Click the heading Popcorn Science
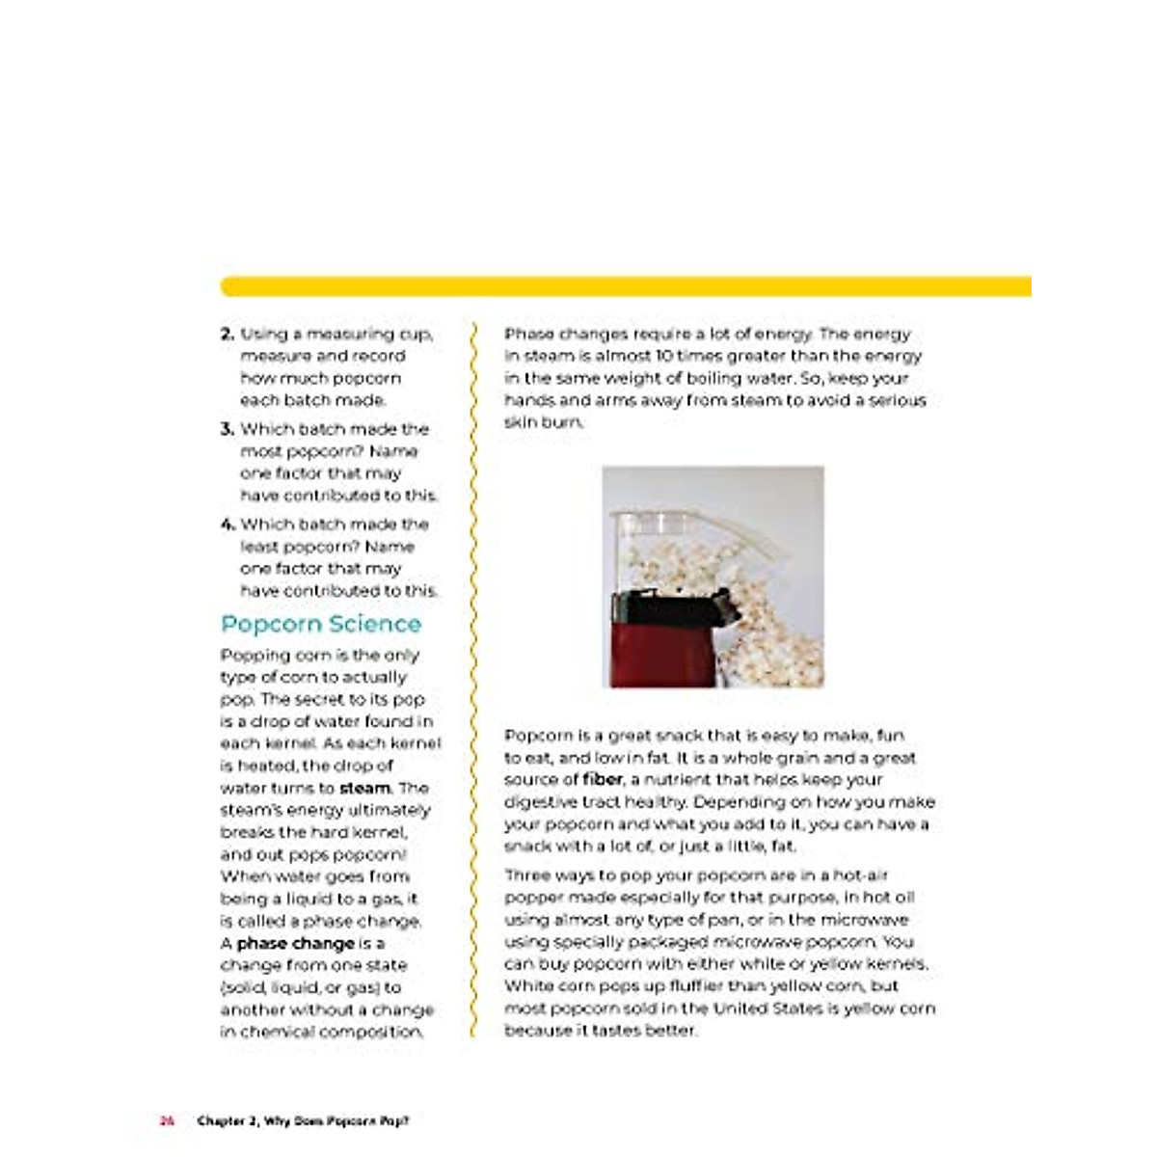[321, 624]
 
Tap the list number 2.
[228, 335]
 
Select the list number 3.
[228, 429]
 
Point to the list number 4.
[228, 525]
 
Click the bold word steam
[364, 788]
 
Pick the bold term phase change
[296, 943]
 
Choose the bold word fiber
[603, 779]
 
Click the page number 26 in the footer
[167, 1120]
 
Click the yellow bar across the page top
[627, 286]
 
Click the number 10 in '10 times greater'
[664, 356]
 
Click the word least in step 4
[259, 547]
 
